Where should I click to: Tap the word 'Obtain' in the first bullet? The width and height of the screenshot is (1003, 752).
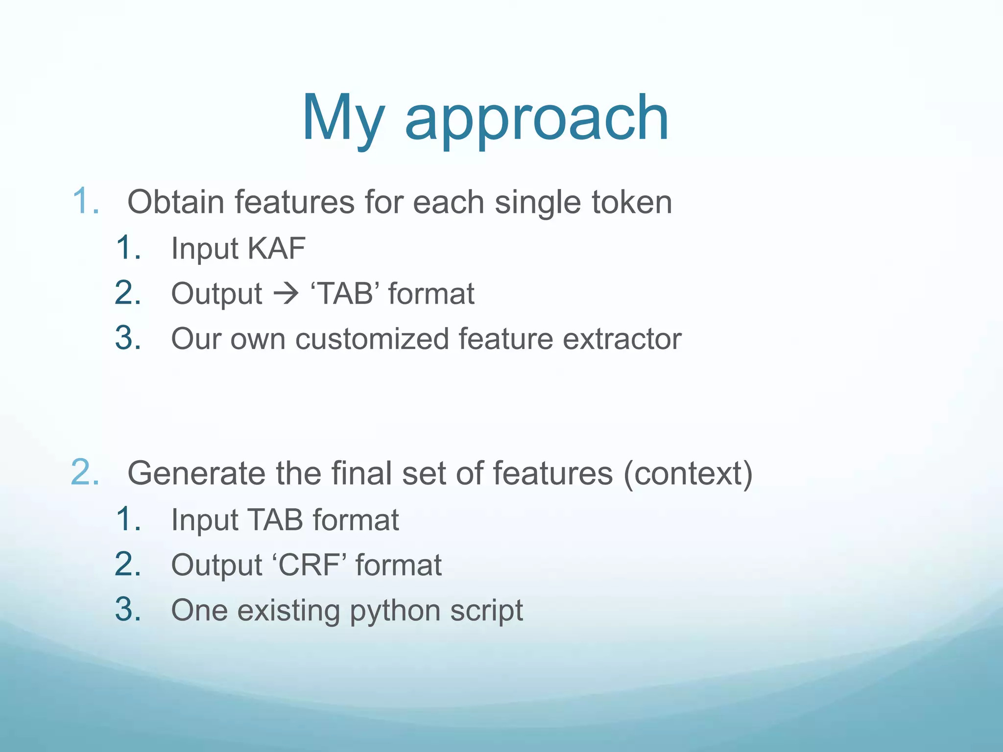pos(175,202)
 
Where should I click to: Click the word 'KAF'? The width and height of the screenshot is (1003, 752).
pos(276,248)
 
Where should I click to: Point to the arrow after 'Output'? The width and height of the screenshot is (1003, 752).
pos(286,294)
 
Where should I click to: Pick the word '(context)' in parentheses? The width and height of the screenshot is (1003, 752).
pos(688,473)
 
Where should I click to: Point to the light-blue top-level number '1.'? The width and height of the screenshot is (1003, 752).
pos(86,201)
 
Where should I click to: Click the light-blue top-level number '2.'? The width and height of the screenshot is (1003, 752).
pos(85,473)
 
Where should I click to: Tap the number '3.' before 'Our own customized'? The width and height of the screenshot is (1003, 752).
pos(128,338)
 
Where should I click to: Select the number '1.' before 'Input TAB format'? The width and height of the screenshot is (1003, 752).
pos(129,519)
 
